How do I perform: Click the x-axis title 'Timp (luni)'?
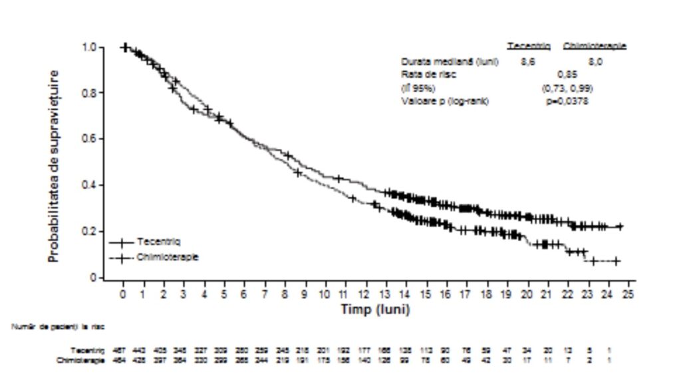pyautogui.click(x=375, y=310)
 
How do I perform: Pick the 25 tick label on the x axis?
pyautogui.click(x=628, y=294)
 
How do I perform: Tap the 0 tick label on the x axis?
pyautogui.click(x=123, y=294)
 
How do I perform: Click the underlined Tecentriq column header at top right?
pyautogui.click(x=529, y=46)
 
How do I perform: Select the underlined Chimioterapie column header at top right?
pyautogui.click(x=595, y=46)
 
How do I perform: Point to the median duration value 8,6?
pyautogui.click(x=529, y=61)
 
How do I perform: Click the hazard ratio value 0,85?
pyautogui.click(x=567, y=74)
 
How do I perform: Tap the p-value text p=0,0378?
pyautogui.click(x=567, y=101)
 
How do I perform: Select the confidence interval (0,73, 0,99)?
pyautogui.click(x=567, y=88)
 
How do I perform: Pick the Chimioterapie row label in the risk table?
pyautogui.click(x=87, y=360)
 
